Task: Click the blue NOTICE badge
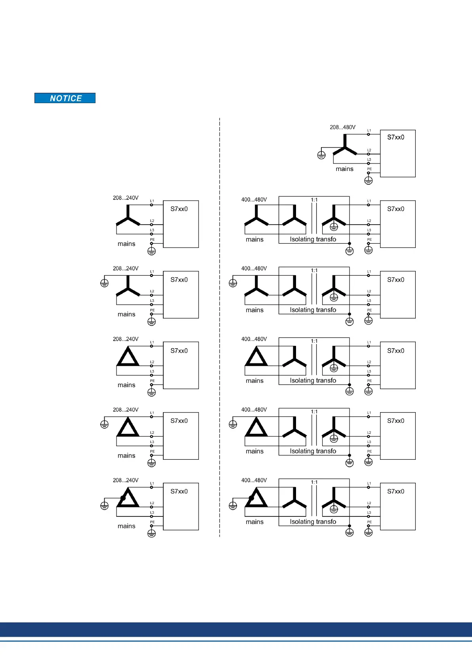click(x=65, y=98)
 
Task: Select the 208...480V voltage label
click(x=342, y=127)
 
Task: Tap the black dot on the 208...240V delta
click(x=123, y=498)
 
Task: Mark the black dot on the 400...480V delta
click(x=251, y=498)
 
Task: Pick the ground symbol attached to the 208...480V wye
click(x=321, y=155)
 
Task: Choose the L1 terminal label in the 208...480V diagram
click(x=369, y=131)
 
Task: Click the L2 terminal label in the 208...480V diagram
click(x=369, y=150)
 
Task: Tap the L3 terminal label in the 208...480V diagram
click(x=369, y=159)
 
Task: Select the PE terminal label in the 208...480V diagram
click(x=369, y=169)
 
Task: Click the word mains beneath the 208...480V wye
click(x=344, y=169)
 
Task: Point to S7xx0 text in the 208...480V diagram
click(x=396, y=137)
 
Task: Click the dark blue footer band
click(x=236, y=629)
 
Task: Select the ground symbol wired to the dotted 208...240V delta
click(x=104, y=506)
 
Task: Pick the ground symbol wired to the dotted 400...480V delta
click(x=233, y=506)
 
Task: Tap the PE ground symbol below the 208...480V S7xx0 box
click(x=369, y=181)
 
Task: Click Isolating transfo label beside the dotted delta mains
click(x=313, y=522)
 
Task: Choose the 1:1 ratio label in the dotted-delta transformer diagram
click(x=314, y=482)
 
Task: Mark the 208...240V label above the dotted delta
click(x=126, y=480)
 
